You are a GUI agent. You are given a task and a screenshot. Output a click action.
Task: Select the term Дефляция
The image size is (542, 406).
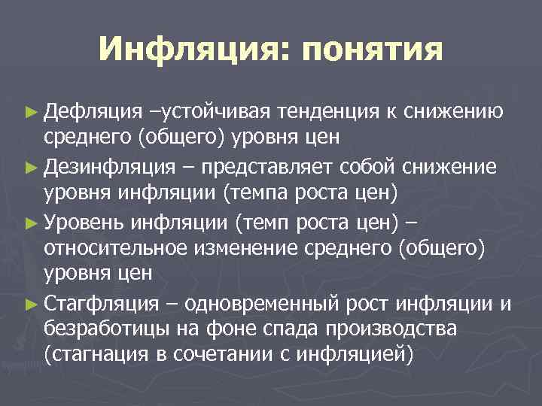pyautogui.click(x=92, y=112)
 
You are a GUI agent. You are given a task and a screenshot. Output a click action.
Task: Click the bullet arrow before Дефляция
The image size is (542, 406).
pyautogui.click(x=30, y=113)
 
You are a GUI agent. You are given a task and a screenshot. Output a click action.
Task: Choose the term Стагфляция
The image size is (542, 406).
pyautogui.click(x=101, y=304)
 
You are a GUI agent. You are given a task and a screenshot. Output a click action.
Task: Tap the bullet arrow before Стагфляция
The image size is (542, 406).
pyautogui.click(x=30, y=304)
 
